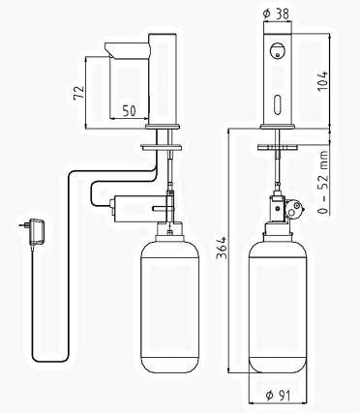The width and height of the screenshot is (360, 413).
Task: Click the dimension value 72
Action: pos(79,93)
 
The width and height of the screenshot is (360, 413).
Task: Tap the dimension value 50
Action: pos(129,110)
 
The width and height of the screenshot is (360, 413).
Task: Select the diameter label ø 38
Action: pos(277,14)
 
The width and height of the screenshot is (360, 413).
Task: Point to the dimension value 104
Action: pos(323,80)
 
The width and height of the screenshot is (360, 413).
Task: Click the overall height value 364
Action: pos(222,248)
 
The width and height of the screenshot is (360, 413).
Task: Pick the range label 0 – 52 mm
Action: pos(323,182)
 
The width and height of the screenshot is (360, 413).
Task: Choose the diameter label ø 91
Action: pos(278,395)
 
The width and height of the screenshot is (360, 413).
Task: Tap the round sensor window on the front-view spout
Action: pos(277,51)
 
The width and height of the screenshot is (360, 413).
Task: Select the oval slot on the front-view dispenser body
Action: pos(277,103)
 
